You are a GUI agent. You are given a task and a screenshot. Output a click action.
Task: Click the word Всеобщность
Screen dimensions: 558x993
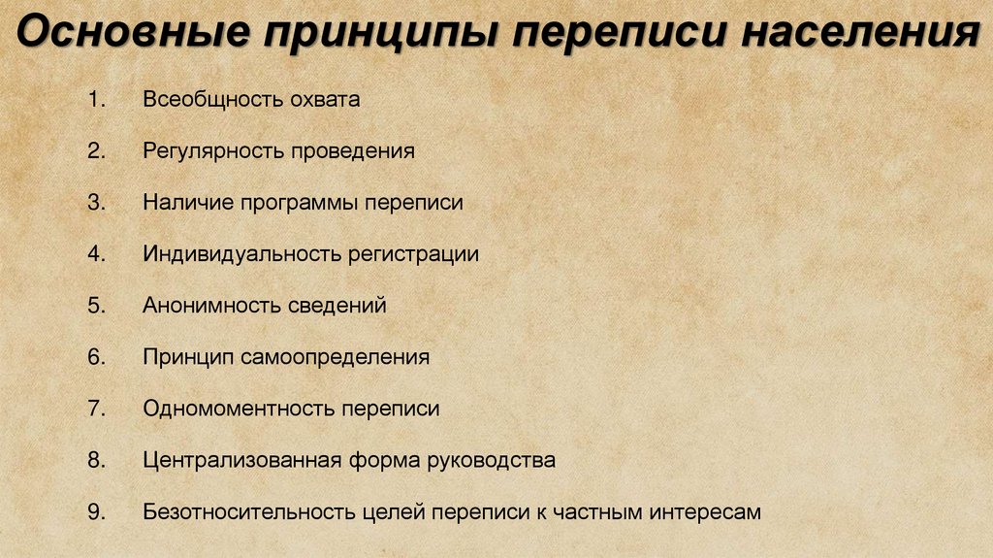point(207,99)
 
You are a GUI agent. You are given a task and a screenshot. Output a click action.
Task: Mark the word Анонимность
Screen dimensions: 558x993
point(210,306)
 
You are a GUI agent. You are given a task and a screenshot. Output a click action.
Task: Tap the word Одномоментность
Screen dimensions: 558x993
point(237,409)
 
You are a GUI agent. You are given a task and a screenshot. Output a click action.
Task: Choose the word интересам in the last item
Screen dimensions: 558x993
point(707,511)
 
